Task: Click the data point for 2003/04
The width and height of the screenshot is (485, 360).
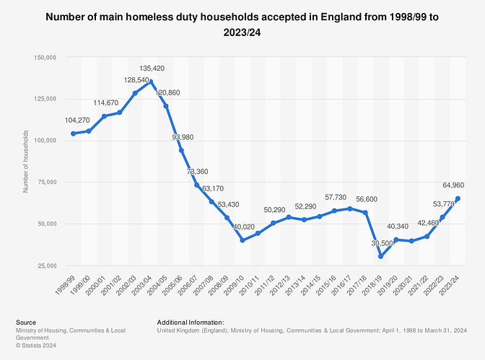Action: (150, 82)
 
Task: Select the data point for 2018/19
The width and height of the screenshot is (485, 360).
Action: (383, 256)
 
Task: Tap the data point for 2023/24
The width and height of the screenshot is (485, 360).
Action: (458, 198)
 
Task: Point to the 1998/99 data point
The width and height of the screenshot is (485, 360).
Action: (73, 133)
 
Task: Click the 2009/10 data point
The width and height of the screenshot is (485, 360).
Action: (242, 240)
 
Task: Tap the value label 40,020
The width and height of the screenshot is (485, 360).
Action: (241, 228)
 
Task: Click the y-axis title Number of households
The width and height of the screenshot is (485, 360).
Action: (26, 161)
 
